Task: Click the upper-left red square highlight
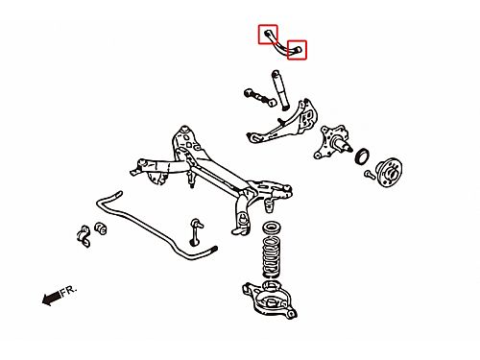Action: coord(259,35)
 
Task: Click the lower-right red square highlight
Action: coord(288,50)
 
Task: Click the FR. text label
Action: coord(69,291)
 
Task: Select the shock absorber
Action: coord(280,90)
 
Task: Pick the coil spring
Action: coord(272,257)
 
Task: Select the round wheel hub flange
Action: coord(389,172)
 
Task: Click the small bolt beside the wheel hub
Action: coord(369,175)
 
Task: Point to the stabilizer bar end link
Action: coord(195,232)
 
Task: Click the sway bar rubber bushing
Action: coord(101,228)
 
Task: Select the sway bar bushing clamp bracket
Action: coord(84,236)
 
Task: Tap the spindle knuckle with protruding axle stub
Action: coord(333,142)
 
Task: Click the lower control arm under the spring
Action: coord(269,300)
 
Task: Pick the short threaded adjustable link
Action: coord(259,97)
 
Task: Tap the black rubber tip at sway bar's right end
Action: coord(213,249)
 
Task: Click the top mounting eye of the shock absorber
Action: coord(275,74)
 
